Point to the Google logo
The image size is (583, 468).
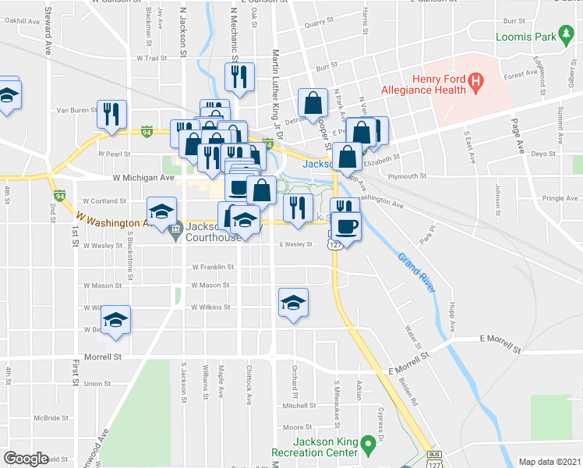pyautogui.click(x=26, y=459)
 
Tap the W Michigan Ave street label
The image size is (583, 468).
pyautogui.click(x=143, y=178)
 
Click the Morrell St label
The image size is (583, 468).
pyautogui.click(x=104, y=356)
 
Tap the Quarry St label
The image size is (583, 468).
pyautogui.click(x=319, y=24)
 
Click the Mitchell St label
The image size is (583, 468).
pyautogui.click(x=297, y=406)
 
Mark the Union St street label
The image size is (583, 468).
pyautogui.click(x=97, y=383)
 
